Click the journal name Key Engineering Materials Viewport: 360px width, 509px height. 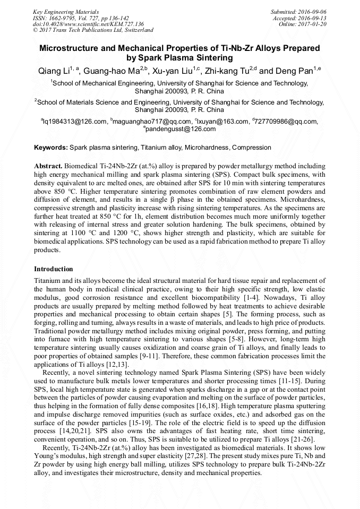coord(65,12)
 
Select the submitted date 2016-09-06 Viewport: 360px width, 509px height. coord(313,12)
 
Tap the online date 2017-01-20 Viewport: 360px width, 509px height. coord(313,24)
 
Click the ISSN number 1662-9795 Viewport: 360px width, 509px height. coord(68,18)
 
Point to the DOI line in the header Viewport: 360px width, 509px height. coord(88,24)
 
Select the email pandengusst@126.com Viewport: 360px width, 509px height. coord(181,128)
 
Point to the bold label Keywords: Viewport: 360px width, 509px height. coord(51,147)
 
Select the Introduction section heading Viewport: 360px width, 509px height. coord(54,269)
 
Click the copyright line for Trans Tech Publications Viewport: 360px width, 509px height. coord(93,30)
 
